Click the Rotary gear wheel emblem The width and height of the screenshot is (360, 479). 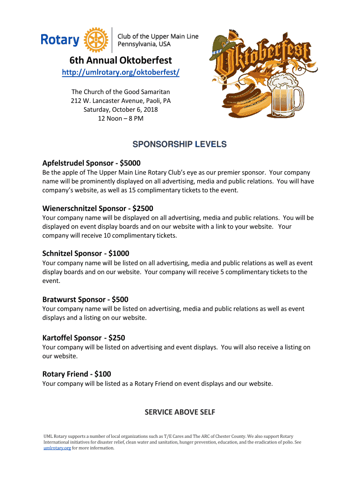tap(95, 40)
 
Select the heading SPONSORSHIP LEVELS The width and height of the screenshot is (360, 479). tap(180, 145)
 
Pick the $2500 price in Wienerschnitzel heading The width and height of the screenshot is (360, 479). tap(143, 208)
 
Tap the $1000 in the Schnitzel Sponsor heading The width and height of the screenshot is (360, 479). tap(119, 253)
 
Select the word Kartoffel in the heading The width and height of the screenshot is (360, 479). tap(58, 338)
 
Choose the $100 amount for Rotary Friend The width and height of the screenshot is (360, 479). tap(102, 374)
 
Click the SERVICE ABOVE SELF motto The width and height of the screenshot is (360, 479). tap(180, 412)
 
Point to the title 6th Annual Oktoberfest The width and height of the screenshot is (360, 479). tap(121, 60)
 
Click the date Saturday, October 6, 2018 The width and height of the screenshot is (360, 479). tap(121, 109)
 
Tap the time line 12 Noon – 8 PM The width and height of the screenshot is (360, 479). tap(121, 118)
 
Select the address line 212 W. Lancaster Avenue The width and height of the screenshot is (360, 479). tap(121, 101)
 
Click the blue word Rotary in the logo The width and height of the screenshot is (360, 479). tap(60, 40)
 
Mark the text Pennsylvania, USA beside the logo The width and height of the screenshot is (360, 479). tap(144, 44)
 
